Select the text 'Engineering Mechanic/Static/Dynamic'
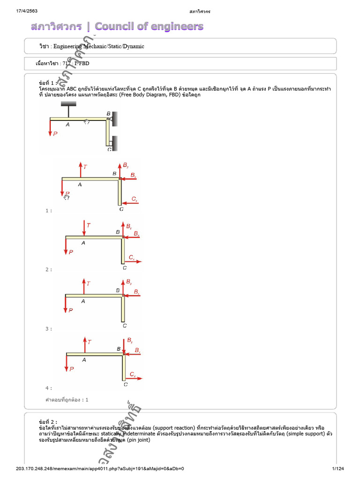98,46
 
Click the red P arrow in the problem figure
50,128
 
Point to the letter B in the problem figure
108,113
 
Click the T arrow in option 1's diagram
80,170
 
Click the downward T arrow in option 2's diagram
84,228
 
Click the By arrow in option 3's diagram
123,287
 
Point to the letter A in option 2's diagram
83,243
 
